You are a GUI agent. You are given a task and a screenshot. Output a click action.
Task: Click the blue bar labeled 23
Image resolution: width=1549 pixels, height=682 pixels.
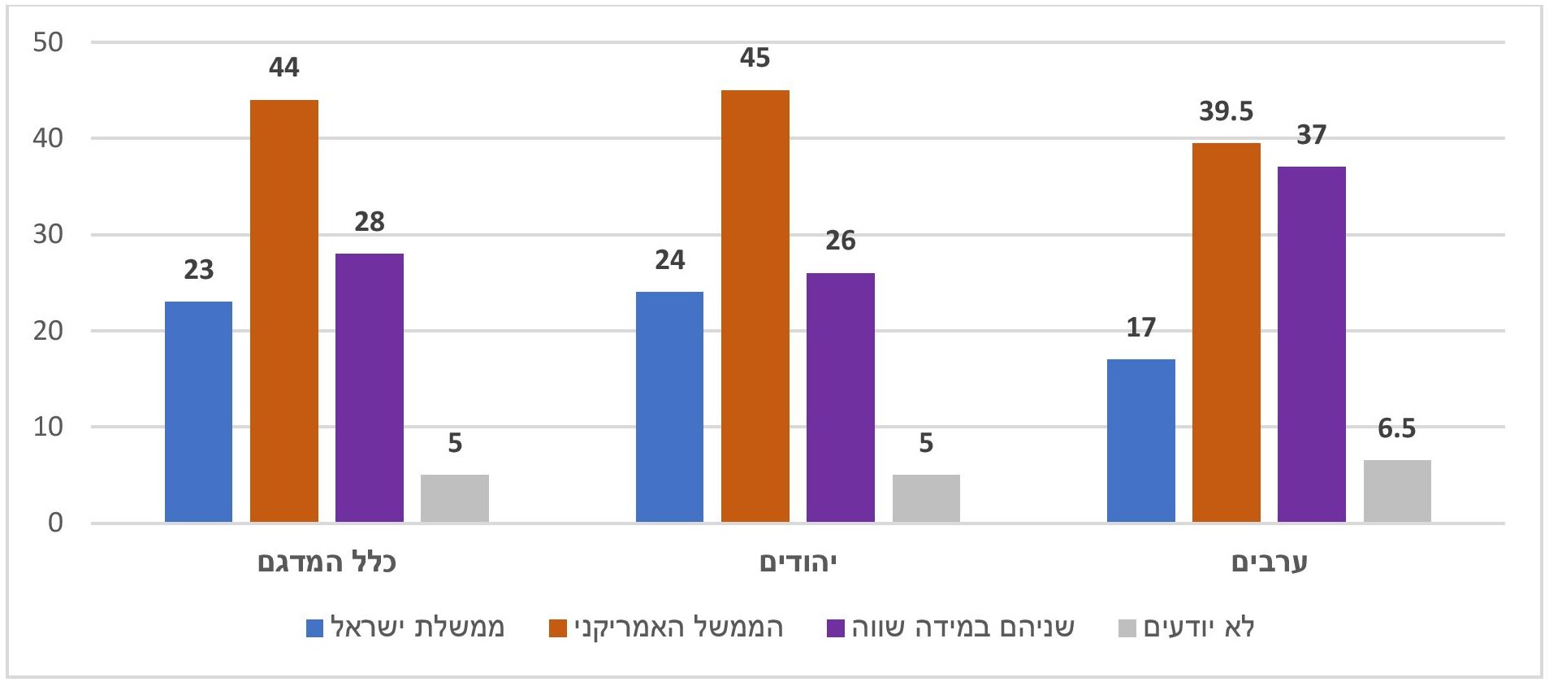pos(198,411)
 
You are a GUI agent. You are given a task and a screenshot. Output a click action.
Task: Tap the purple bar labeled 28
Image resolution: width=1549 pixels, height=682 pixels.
pos(369,387)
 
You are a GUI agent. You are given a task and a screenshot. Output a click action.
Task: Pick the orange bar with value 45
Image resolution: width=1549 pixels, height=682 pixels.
pos(755,306)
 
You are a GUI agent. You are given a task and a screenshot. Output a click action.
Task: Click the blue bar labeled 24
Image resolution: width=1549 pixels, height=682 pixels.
pos(669,406)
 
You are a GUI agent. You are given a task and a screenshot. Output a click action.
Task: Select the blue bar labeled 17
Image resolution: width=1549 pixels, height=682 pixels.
pos(1140,440)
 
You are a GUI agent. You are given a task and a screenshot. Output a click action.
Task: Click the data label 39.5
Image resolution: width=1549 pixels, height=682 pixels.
pos(1226,111)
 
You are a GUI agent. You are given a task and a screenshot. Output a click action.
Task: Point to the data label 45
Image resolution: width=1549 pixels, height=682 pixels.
pos(755,58)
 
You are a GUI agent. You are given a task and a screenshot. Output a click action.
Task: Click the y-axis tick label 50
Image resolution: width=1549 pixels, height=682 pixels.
pos(48,42)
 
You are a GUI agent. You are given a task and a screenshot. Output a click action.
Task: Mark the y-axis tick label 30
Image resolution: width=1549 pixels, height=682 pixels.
pos(48,234)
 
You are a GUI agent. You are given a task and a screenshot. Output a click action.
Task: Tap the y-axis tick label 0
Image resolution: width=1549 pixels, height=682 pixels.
pos(55,523)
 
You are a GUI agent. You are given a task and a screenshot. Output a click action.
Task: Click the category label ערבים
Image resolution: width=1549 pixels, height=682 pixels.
pos(1269,562)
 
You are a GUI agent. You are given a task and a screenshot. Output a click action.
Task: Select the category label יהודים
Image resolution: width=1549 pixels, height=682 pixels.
pos(798,562)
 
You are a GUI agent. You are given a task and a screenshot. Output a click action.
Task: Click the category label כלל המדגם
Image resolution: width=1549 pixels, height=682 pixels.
pos(327,562)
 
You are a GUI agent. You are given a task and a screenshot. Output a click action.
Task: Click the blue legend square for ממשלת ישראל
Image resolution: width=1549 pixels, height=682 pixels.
pos(314,628)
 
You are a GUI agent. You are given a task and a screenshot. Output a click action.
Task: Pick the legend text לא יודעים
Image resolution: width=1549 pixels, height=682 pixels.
pos(1199,628)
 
